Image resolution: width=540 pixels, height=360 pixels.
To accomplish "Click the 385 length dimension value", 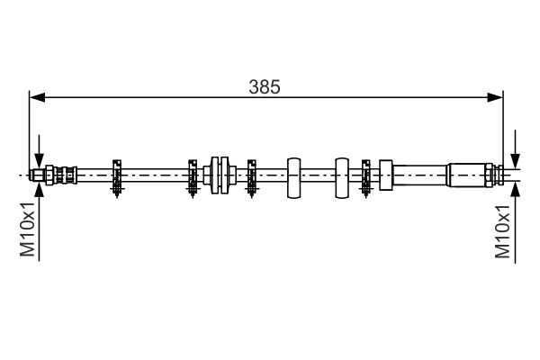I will pos(265,87).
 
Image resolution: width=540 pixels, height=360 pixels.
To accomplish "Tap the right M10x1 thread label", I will pos(504,230).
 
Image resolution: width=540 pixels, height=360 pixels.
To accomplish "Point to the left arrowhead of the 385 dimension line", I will pos(37,97).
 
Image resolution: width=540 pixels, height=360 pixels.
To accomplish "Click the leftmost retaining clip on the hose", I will pos(117,175).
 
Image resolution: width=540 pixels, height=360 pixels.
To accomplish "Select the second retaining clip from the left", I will pos(193,175).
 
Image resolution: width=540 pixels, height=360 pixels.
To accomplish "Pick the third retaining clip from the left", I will pos(252,175).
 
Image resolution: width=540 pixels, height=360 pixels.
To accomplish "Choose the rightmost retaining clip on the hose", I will pos(366,175).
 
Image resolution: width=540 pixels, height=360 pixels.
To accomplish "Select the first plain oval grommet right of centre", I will pos(293,176).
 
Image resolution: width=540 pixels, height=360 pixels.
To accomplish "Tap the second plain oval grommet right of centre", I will pos(341,176).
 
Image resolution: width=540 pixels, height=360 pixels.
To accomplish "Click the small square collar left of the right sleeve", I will pos(387,175).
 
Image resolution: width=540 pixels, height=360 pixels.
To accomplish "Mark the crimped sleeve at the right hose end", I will pos(466,175).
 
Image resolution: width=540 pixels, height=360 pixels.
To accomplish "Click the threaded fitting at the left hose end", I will pos(54,175).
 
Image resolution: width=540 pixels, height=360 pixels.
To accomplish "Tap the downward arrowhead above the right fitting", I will pos(514,158).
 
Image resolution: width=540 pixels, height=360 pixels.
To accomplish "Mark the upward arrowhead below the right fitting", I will pos(514,190).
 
